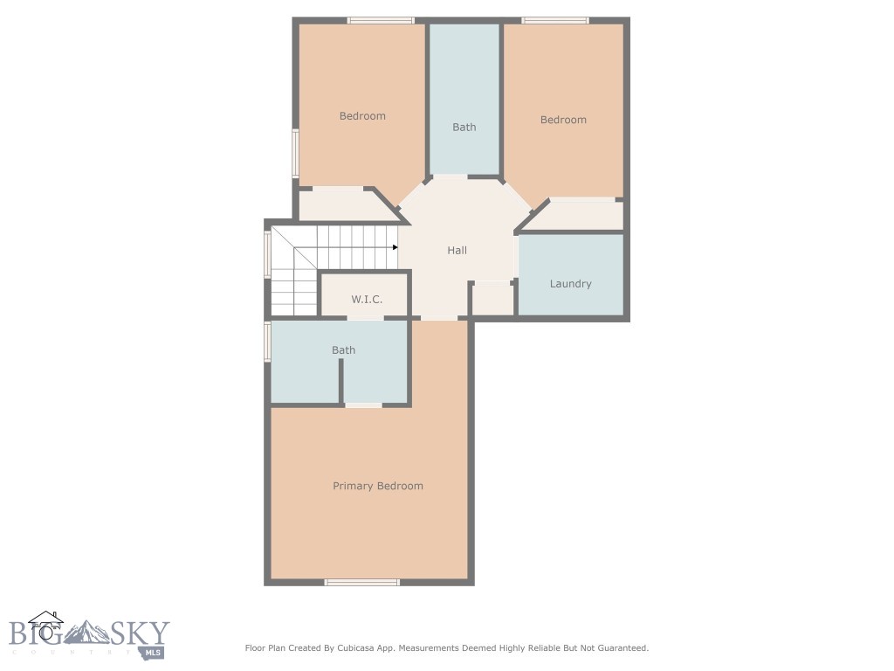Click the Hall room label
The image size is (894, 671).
click(457, 251)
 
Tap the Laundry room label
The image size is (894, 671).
click(570, 284)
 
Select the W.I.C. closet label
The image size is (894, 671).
click(367, 300)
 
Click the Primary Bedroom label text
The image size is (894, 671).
click(377, 486)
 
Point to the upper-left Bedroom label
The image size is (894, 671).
click(362, 116)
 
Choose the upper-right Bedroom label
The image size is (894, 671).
click(563, 120)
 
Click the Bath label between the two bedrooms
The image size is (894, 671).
click(464, 128)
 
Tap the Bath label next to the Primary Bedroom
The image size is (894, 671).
click(343, 350)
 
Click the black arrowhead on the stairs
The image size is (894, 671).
click(395, 247)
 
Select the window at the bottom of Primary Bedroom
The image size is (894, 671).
click(361, 582)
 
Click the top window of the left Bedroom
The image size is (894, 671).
click(380, 20)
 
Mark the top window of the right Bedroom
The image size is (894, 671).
click(554, 20)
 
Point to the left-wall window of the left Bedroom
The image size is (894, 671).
click(295, 154)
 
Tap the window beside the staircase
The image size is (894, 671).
click(267, 254)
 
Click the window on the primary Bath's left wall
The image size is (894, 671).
click(267, 342)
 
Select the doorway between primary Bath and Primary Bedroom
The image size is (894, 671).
click(363, 405)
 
